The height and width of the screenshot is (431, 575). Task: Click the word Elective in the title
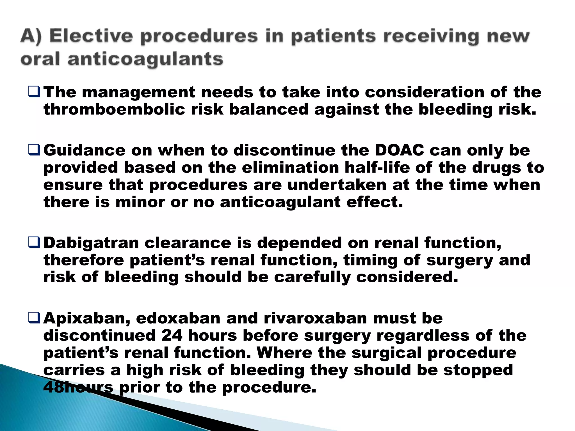(91, 36)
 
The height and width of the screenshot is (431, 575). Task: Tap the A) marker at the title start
(31, 36)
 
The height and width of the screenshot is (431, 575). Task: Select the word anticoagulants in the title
(145, 59)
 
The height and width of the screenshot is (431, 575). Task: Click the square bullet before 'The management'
(34, 92)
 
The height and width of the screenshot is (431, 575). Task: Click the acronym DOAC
(400, 150)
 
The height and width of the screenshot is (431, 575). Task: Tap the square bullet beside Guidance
(34, 150)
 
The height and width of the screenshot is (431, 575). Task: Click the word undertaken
(337, 185)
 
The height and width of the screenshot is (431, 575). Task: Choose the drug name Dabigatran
(91, 243)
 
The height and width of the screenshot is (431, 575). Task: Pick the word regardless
(423, 336)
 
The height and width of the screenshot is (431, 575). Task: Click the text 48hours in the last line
(78, 388)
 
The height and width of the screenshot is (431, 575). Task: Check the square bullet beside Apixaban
(34, 318)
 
